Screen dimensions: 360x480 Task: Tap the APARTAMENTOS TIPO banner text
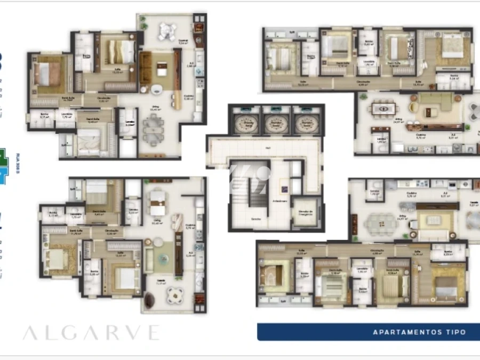pos(419,332)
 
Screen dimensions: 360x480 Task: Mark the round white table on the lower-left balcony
pos(174,295)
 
